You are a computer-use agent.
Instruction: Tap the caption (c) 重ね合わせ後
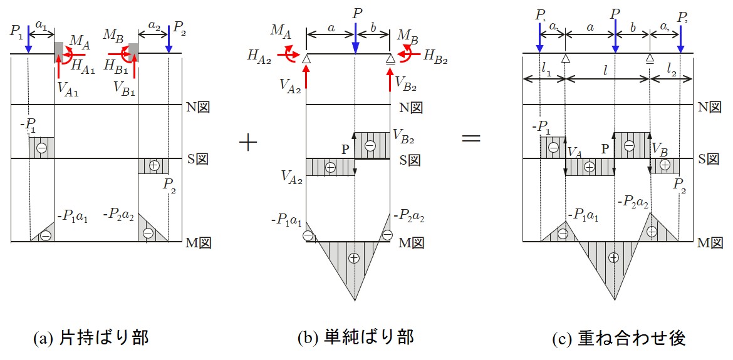click(x=619, y=338)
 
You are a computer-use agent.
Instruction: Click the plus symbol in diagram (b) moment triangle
click(x=355, y=258)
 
